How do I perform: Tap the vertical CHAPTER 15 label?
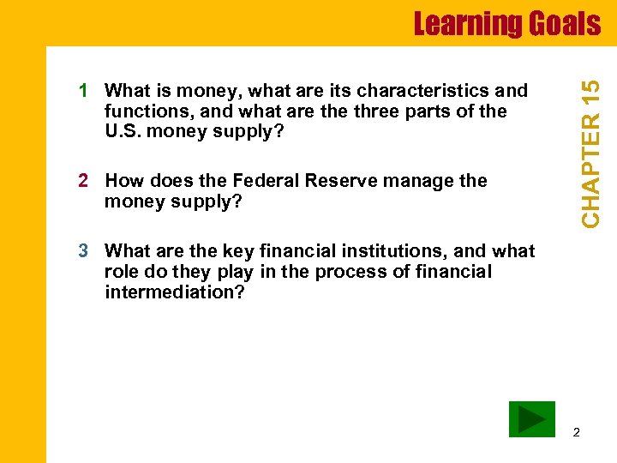(x=591, y=153)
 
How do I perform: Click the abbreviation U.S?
(x=123, y=132)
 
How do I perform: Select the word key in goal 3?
(x=238, y=251)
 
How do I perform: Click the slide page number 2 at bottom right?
(x=576, y=432)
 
